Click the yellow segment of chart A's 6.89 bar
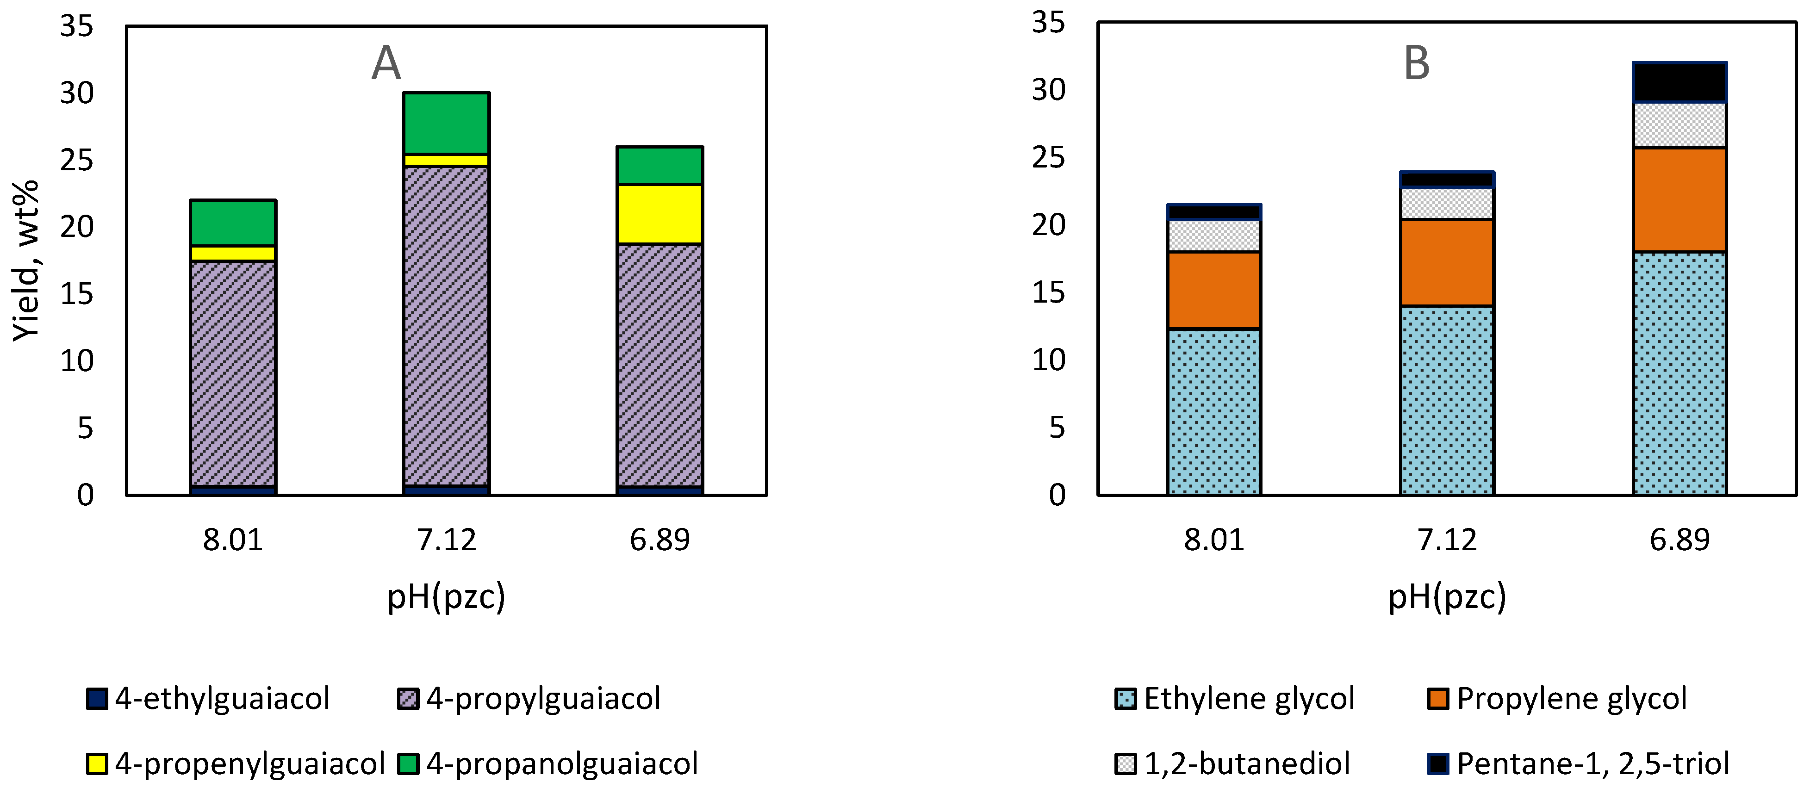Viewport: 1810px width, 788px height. [x=659, y=214]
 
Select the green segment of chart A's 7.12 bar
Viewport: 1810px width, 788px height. [x=446, y=123]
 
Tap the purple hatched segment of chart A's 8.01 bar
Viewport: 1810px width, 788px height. [x=233, y=372]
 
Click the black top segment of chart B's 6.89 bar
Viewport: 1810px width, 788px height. [x=1679, y=83]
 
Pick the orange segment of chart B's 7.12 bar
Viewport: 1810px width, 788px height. [x=1447, y=262]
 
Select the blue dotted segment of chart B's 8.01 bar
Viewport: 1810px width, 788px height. [x=1213, y=411]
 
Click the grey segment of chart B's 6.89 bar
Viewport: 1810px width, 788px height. [x=1679, y=125]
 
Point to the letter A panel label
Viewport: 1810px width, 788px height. [x=386, y=63]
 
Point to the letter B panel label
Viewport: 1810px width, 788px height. [x=1416, y=63]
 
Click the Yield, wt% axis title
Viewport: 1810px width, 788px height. [x=26, y=260]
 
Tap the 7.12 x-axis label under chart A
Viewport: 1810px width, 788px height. [x=446, y=540]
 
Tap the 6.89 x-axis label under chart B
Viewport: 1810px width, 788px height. [x=1679, y=540]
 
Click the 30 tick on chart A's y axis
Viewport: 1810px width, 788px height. [x=76, y=93]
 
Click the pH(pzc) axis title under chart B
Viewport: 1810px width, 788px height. [x=1447, y=596]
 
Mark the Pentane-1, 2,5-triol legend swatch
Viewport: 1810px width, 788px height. [x=1437, y=763]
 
